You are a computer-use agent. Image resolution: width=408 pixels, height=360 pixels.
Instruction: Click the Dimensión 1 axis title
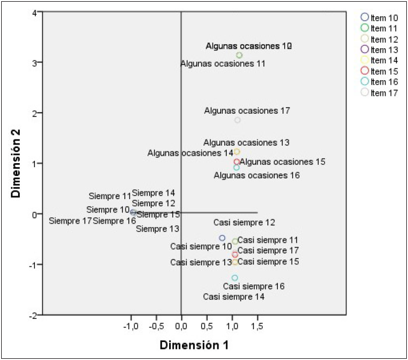194,345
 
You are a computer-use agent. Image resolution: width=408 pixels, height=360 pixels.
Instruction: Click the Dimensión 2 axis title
16,164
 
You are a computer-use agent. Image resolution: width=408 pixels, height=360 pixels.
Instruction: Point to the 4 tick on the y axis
35,12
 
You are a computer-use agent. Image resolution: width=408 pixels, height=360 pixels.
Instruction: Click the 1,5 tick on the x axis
257,326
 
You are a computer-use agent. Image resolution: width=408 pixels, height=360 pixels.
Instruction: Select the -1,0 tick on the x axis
131,326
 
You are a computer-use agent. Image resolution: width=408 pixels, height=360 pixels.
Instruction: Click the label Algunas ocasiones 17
247,110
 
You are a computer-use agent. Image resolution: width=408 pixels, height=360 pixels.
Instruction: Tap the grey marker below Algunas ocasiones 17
237,120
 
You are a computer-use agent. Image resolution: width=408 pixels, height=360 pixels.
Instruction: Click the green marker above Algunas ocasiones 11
239,55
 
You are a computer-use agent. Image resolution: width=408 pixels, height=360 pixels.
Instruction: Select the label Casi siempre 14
234,297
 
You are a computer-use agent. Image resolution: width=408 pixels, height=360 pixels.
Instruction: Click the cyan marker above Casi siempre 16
235,278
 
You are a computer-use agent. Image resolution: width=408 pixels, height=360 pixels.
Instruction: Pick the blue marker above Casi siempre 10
222,238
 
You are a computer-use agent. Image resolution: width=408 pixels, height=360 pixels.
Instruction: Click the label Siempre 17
70,221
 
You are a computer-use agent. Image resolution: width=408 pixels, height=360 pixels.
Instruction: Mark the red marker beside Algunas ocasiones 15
237,162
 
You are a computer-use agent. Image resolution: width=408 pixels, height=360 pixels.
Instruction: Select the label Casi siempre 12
244,222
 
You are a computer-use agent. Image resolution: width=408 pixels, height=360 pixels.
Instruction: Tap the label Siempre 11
110,196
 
